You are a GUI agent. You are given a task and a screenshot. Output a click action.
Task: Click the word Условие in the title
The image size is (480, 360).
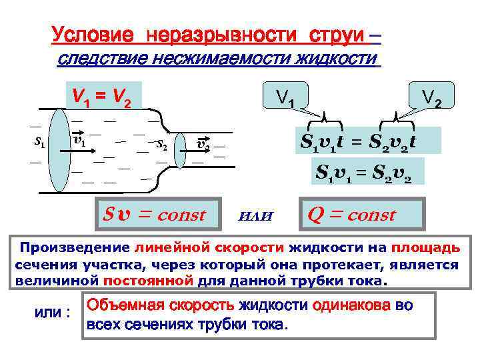click(x=92, y=33)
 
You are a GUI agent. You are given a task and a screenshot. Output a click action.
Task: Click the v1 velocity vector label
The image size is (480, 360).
click(x=78, y=141)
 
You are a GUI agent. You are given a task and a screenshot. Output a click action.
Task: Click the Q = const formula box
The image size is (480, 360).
click(x=361, y=215)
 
